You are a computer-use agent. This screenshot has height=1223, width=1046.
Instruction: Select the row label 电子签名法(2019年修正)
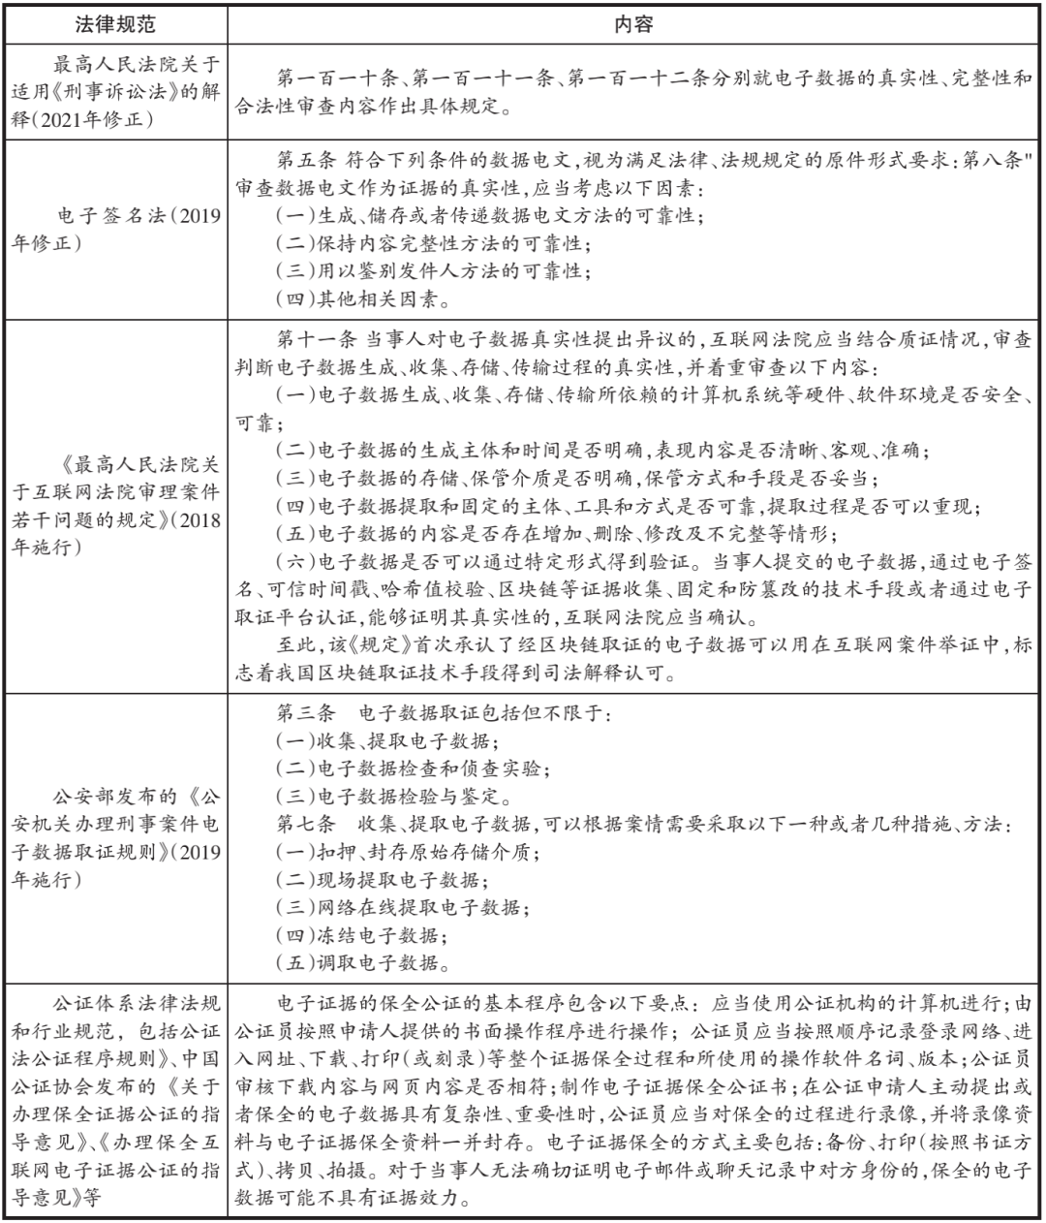pyautogui.click(x=116, y=229)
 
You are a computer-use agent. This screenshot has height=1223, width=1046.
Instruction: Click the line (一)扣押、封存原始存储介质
pyautogui.click(x=408, y=854)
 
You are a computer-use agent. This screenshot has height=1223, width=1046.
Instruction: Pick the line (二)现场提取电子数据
pyautogui.click(x=383, y=881)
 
